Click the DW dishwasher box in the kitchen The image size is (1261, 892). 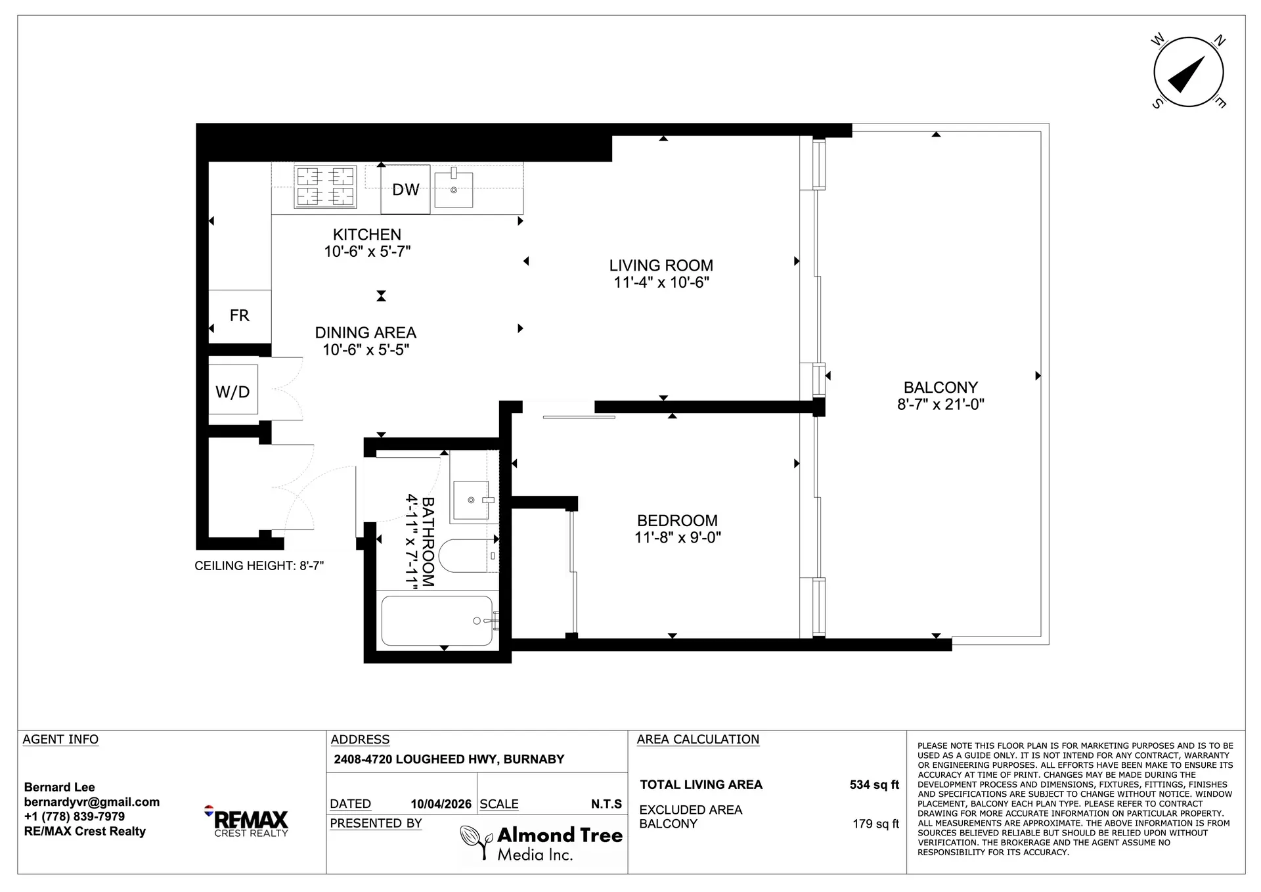click(x=405, y=190)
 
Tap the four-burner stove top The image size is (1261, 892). click(x=325, y=187)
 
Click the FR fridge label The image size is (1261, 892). click(x=239, y=316)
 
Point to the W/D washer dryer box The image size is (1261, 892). click(x=232, y=392)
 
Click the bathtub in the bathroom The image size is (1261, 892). click(x=437, y=621)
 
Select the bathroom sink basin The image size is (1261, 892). click(x=471, y=501)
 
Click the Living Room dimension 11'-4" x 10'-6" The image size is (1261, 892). click(x=661, y=282)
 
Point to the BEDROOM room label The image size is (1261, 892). click(x=677, y=521)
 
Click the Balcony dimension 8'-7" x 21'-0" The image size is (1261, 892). click(x=940, y=405)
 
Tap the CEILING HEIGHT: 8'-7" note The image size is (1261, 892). click(x=259, y=566)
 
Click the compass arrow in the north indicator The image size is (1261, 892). click(x=1187, y=74)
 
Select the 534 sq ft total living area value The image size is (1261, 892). click(x=874, y=785)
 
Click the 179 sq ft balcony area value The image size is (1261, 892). click(x=875, y=824)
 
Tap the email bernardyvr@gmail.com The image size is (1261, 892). click(x=92, y=802)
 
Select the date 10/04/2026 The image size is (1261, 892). click(x=441, y=804)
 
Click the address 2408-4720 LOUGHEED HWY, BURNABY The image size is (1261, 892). click(x=449, y=759)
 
